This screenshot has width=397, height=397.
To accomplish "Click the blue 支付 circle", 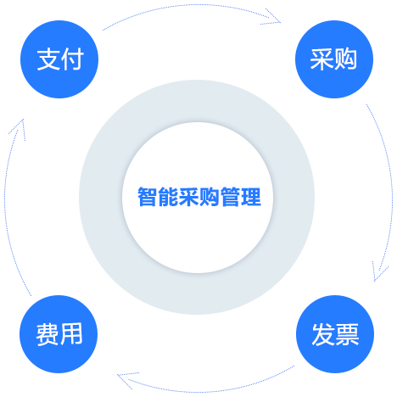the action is [59, 59].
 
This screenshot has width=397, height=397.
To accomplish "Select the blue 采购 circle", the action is [334, 59].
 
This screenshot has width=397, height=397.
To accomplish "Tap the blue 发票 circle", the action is [335, 334].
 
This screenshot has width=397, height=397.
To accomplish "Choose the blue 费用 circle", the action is [59, 334].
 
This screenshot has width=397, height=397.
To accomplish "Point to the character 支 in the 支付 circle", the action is [48, 59].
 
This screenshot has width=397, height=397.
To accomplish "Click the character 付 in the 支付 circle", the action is [72, 59].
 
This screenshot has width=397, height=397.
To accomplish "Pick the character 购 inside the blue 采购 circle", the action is [345, 59].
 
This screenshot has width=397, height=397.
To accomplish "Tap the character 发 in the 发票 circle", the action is [323, 334].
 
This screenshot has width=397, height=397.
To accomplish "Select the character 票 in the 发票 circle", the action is [347, 334].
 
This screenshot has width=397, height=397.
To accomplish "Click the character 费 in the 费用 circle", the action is [48, 334].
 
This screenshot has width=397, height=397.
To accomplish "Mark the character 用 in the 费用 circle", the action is [71, 334].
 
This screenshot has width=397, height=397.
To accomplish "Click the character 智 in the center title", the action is [148, 197].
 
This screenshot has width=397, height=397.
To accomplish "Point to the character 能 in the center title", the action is [168, 197].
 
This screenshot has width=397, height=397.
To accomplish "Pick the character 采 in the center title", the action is [189, 197].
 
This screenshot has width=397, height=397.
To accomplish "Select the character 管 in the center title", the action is [230, 197].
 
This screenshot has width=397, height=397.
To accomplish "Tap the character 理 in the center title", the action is [251, 197].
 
